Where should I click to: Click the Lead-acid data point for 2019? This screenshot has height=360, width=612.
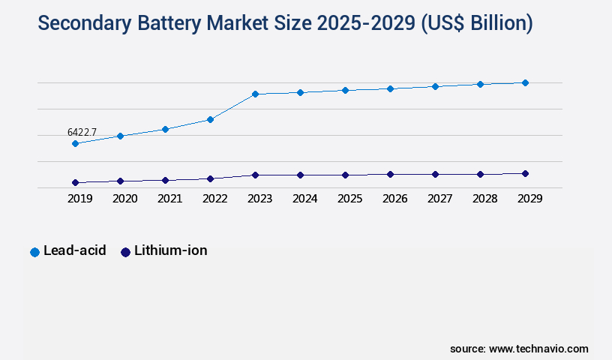(x=75, y=143)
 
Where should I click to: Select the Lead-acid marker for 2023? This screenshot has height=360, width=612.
(x=255, y=94)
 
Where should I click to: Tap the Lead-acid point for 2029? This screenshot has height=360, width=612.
(x=525, y=82)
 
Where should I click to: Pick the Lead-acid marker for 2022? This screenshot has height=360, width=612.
(x=210, y=119)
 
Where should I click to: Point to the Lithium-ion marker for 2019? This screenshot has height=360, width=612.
(x=75, y=182)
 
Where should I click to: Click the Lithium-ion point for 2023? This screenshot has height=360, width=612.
(x=255, y=175)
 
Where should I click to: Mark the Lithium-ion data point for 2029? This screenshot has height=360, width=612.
(x=525, y=173)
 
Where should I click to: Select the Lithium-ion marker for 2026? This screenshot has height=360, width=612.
(x=390, y=174)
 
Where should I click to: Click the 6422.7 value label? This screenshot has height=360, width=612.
(x=82, y=132)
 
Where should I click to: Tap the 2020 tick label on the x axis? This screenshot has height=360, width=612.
(x=124, y=199)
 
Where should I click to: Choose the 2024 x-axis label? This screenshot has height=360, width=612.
(x=304, y=199)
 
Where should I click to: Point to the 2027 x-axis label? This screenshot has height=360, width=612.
(x=439, y=199)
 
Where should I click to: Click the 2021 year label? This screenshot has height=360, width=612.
(x=169, y=199)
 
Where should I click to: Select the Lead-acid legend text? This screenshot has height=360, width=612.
(x=74, y=250)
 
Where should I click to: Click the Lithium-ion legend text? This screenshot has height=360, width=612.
(x=171, y=250)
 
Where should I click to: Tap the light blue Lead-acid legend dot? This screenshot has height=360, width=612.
(x=34, y=252)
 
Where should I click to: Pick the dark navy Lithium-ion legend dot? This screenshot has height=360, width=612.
(x=125, y=252)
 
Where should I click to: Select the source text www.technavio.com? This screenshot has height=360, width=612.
(x=538, y=349)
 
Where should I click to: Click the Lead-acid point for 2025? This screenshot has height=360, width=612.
(x=345, y=90)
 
